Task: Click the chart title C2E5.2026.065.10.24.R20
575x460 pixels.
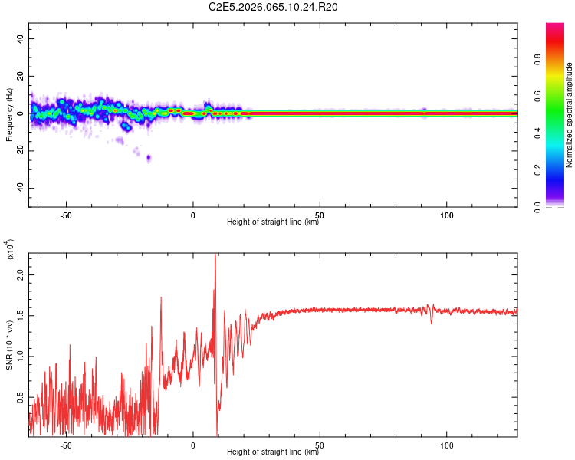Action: pos(273,7)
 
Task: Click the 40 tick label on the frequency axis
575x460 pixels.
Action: pos(21,38)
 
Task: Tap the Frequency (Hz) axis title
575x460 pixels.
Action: pos(9,115)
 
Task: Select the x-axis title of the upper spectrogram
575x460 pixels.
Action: pos(273,222)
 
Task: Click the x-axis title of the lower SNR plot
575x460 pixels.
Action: pos(273,452)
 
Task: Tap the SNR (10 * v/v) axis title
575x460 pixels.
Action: pos(9,345)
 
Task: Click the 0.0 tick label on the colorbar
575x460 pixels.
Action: pos(539,205)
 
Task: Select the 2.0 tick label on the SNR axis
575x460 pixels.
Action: pos(21,274)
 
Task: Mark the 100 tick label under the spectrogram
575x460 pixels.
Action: pos(447,215)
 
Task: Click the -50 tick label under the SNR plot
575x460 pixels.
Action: pos(66,445)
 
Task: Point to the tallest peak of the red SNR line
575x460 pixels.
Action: pos(215,256)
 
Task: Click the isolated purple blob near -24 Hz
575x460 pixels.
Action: pos(149,158)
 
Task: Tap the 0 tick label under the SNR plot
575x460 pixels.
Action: pos(193,445)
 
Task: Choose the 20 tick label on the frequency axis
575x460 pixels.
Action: pos(21,76)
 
